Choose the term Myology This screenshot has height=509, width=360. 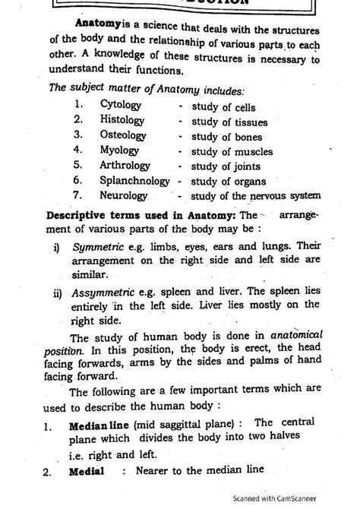[x=120, y=150]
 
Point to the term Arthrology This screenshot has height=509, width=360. [x=127, y=166]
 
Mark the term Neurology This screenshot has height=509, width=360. [x=124, y=195]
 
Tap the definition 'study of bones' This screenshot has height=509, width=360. [x=226, y=137]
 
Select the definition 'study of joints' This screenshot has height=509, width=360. [x=226, y=166]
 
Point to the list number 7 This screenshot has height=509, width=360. [x=77, y=195]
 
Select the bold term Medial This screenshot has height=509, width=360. [x=85, y=470]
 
